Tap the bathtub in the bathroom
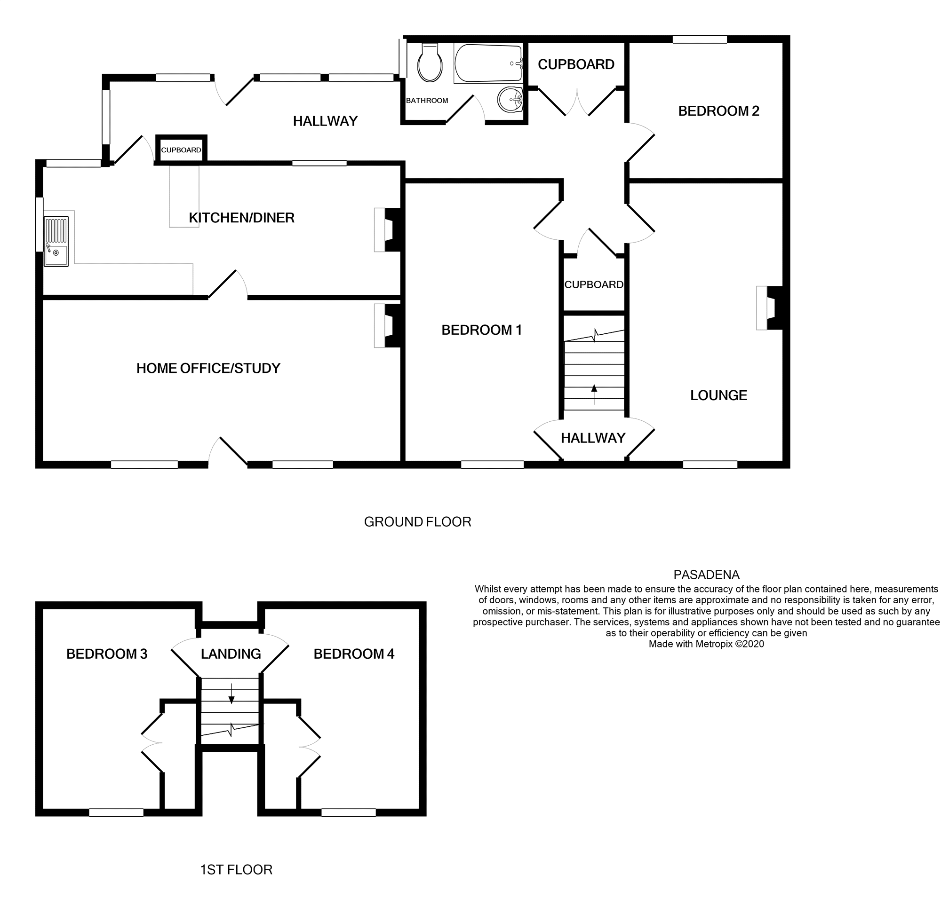[x=488, y=63]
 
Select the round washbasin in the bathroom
[x=510, y=100]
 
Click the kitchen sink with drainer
[x=56, y=241]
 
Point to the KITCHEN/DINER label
[x=241, y=218]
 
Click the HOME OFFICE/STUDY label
[x=208, y=368]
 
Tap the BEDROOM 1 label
[x=481, y=330]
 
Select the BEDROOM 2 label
[x=718, y=111]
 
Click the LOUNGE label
[x=718, y=395]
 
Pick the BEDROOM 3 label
[x=107, y=654]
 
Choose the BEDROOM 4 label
[x=353, y=654]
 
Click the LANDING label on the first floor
[x=231, y=654]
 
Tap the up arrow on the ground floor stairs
[x=594, y=394]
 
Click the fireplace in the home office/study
[x=388, y=325]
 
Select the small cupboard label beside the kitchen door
[x=181, y=150]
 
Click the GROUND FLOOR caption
[x=417, y=522]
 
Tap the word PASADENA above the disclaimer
[x=706, y=575]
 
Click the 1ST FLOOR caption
[x=236, y=870]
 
